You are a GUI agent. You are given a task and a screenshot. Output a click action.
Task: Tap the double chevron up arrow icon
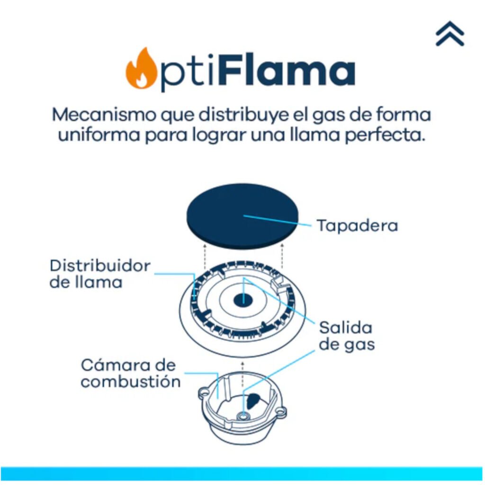449,34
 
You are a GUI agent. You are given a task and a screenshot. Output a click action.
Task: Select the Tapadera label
357,225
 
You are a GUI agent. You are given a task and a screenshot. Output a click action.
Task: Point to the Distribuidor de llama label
99,274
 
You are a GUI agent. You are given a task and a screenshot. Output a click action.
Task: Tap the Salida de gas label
346,335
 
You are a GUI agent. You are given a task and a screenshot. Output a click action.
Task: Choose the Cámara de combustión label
130,373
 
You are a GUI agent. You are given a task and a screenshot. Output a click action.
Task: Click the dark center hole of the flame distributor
243,299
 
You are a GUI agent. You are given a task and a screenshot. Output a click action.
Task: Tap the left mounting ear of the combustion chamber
204,393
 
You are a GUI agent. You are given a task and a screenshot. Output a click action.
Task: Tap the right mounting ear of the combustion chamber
281,410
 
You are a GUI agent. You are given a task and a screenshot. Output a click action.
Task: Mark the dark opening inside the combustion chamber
255,401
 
